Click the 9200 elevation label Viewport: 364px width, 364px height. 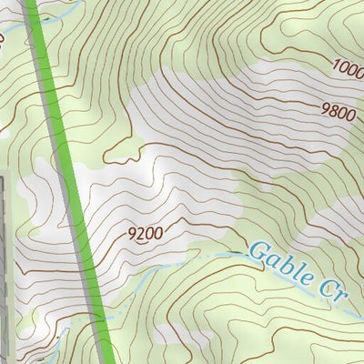pyautogui.click(x=145, y=234)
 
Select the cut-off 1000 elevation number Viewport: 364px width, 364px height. pyautogui.click(x=348, y=66)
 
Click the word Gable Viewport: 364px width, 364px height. pyautogui.click(x=276, y=261)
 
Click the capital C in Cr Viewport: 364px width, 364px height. pyautogui.click(x=327, y=285)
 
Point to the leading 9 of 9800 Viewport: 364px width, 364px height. pyautogui.click(x=326, y=111)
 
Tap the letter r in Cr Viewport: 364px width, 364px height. pyautogui.click(x=341, y=294)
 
